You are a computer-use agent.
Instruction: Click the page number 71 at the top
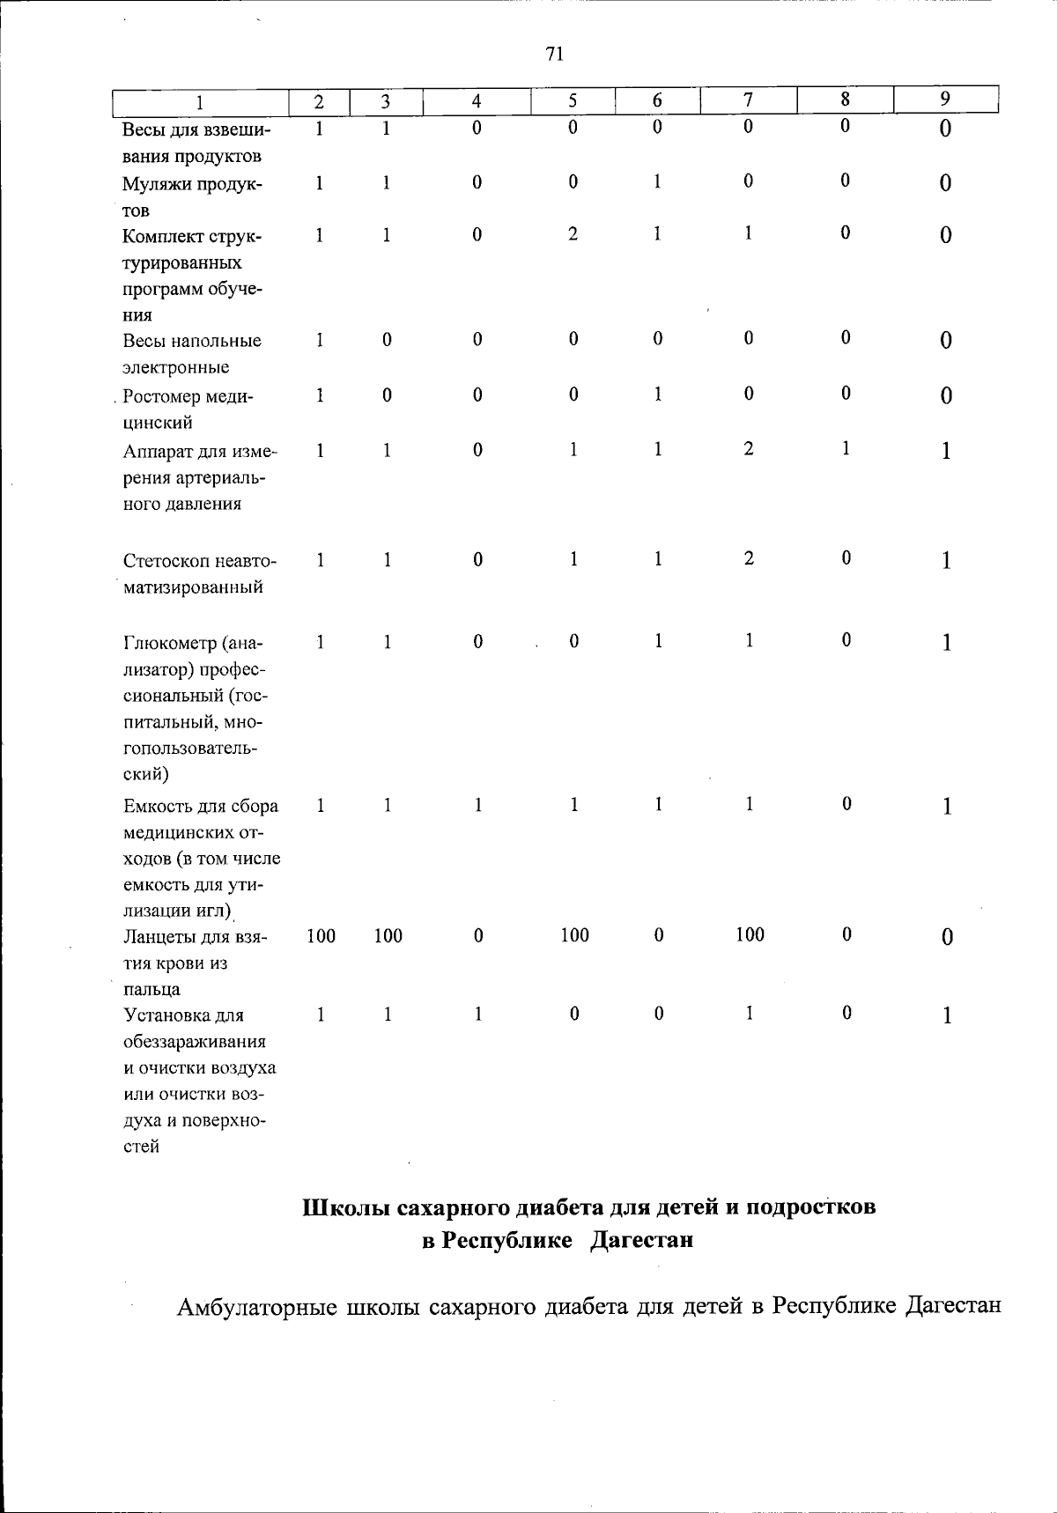(554, 55)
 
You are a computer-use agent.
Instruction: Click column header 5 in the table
(572, 101)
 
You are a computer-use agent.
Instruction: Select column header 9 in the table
(944, 100)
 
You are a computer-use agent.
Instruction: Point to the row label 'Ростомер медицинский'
(188, 409)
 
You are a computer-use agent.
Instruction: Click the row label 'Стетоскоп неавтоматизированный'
(199, 573)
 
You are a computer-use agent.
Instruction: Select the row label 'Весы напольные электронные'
(192, 353)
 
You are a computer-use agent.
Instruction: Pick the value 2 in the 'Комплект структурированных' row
(573, 235)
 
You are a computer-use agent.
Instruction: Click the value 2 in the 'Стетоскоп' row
(748, 558)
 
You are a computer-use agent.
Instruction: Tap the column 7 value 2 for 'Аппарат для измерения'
(748, 449)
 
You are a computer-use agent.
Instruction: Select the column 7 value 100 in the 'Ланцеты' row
(750, 934)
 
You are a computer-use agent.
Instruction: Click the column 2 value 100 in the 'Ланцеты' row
(321, 936)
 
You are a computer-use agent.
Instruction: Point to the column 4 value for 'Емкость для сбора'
(477, 805)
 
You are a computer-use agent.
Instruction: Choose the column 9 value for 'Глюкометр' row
(946, 643)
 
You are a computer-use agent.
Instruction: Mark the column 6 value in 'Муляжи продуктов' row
(657, 181)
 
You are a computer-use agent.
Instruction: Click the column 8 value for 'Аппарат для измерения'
(845, 448)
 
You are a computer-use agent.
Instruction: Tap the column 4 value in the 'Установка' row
(477, 1015)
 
